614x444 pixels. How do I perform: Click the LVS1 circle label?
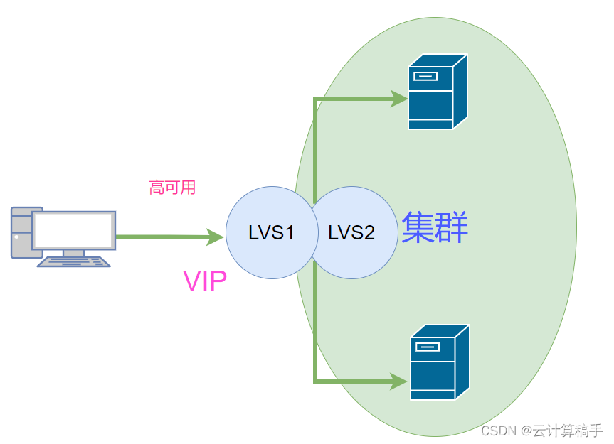pyautogui.click(x=271, y=232)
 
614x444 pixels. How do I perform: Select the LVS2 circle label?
pyautogui.click(x=351, y=232)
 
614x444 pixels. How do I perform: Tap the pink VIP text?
pyautogui.click(x=205, y=281)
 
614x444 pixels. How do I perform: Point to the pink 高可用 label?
pyautogui.click(x=172, y=188)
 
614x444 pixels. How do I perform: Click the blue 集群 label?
pyautogui.click(x=435, y=228)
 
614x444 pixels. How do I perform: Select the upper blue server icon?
pyautogui.click(x=437, y=92)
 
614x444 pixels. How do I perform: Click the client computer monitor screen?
pyautogui.click(x=73, y=230)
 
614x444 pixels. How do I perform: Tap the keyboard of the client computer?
pyautogui.click(x=74, y=262)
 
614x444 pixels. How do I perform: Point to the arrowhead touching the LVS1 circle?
pyautogui.click(x=214, y=237)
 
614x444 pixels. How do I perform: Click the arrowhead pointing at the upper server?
pyautogui.click(x=398, y=99)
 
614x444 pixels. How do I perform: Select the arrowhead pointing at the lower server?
pyautogui.click(x=399, y=382)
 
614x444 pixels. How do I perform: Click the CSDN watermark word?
pyautogui.click(x=499, y=431)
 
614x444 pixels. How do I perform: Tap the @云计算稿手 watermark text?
pyautogui.click(x=561, y=431)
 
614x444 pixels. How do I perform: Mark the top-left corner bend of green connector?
pyautogui.click(x=315, y=99)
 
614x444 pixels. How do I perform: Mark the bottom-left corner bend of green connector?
pyautogui.click(x=315, y=381)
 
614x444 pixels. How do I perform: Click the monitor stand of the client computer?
pyautogui.click(x=73, y=252)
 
